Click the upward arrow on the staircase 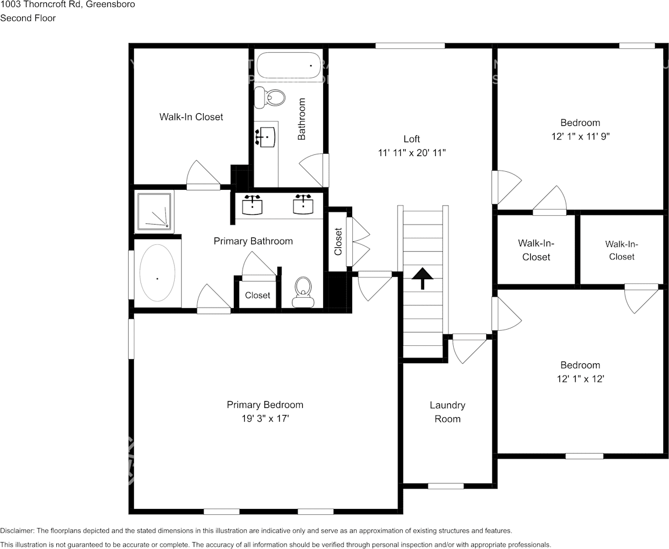[422, 279]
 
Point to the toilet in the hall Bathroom [270, 96]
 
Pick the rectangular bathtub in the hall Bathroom [289, 66]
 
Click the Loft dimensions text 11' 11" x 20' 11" [411, 153]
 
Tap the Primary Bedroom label [265, 404]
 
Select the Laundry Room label [447, 411]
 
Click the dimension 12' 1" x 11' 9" [580, 136]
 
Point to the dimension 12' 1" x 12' [580, 379]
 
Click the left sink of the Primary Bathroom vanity [252, 204]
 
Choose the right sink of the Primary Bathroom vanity [303, 204]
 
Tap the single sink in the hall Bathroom [266, 137]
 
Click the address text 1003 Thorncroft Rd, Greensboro [68, 5]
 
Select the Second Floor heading [28, 18]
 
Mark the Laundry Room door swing [469, 349]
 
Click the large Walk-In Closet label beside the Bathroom [191, 117]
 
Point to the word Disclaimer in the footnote [17, 530]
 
